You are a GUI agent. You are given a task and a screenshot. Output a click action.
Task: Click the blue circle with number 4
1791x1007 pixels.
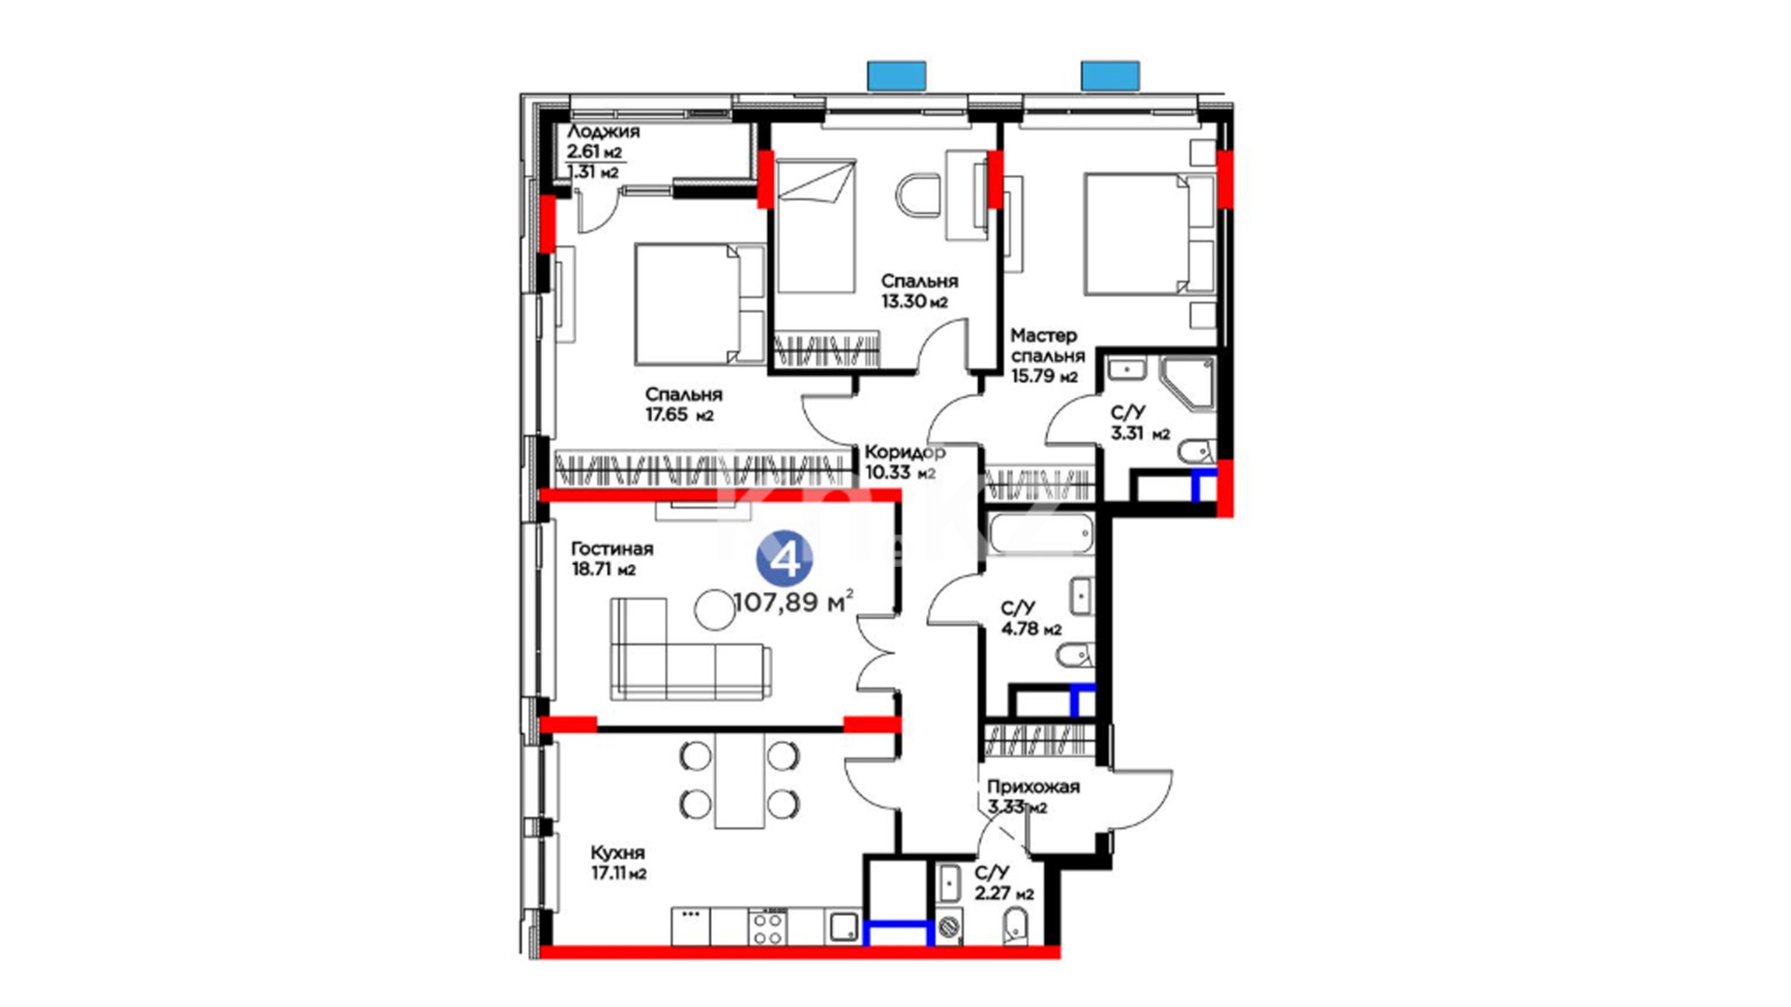pos(784,559)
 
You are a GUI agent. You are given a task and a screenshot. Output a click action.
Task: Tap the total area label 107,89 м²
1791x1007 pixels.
pos(794,602)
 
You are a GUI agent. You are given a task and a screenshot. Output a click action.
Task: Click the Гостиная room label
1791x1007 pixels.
pos(612,548)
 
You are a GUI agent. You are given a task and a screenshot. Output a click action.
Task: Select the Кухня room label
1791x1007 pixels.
pos(618,852)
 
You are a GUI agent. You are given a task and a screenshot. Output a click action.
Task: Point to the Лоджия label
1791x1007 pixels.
pos(604,131)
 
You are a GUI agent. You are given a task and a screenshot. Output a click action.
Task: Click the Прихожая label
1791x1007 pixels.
pos(1034,786)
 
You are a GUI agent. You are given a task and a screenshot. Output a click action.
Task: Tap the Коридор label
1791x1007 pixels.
pos(905,451)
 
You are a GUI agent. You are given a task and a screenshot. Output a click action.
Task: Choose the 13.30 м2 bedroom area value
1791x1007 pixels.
pos(914,301)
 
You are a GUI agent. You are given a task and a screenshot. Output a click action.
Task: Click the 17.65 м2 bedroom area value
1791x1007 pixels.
pos(679,415)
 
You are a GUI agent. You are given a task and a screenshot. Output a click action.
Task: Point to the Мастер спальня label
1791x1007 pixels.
pos(1048,345)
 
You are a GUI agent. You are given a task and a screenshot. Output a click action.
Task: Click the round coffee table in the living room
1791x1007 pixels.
pos(715,610)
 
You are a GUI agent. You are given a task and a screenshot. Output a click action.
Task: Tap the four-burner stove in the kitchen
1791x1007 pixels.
pos(768,927)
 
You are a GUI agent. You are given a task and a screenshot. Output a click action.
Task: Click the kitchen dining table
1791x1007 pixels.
pos(740,779)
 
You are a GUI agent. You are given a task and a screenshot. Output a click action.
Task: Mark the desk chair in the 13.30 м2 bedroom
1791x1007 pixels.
pos(920,195)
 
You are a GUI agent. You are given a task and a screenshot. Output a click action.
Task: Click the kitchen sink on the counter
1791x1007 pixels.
pos(844,927)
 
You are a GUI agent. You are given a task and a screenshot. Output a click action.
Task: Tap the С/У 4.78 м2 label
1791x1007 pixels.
pos(1031,619)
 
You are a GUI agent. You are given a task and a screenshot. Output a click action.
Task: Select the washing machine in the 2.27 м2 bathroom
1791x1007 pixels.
pos(950,929)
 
